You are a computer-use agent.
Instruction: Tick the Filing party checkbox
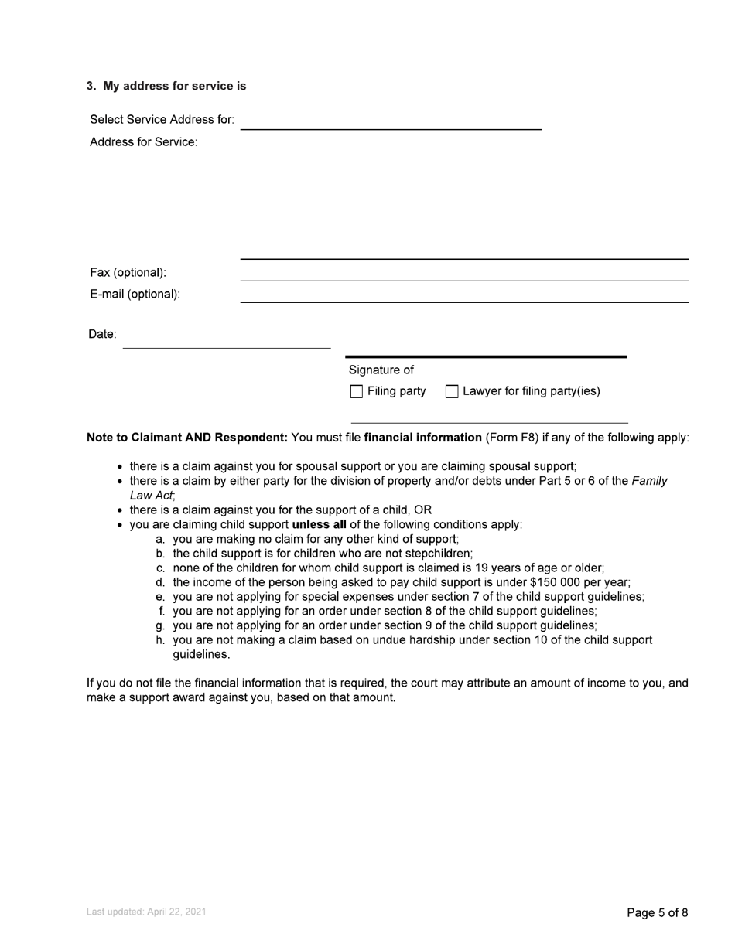coord(357,392)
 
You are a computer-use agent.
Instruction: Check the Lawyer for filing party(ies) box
coord(452,392)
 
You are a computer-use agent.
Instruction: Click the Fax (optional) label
coord(128,273)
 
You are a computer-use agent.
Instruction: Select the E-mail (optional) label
coord(135,295)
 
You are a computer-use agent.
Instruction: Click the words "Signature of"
coord(381,370)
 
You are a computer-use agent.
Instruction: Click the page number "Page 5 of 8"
coord(657,913)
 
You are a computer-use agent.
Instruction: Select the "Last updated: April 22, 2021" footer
coord(146,912)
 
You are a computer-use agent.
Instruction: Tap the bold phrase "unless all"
coord(319,525)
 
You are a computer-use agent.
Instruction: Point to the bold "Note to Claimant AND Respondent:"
coord(187,438)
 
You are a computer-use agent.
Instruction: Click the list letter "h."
coord(161,640)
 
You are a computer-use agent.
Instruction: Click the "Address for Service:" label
coord(144,142)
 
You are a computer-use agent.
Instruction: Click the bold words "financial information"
coord(422,438)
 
